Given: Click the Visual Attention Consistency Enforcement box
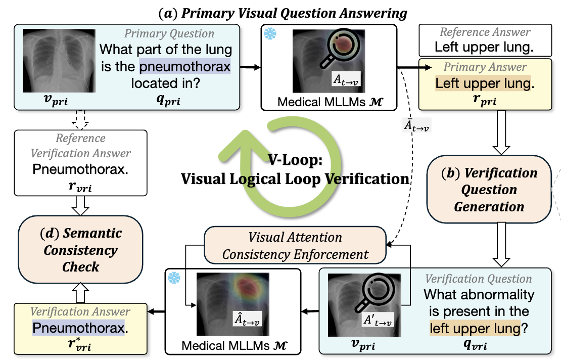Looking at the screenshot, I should [x=295, y=246].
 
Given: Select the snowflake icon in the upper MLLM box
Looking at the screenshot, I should [x=270, y=34].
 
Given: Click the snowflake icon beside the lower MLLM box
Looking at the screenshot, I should [x=174, y=278].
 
